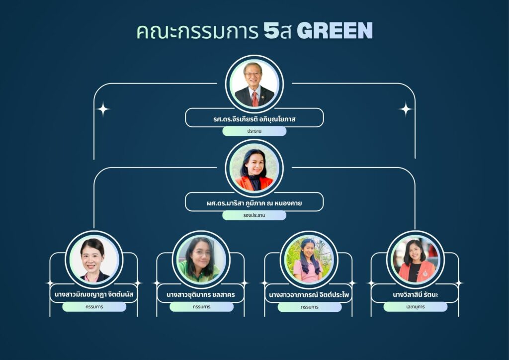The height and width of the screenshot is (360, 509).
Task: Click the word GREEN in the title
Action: tap(335, 31)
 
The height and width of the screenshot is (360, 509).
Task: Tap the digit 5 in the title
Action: tap(271, 31)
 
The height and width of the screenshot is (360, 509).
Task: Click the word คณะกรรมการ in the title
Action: tap(197, 31)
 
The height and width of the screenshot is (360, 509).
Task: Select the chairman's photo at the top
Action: tap(254, 84)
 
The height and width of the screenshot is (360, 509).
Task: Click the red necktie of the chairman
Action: tap(255, 99)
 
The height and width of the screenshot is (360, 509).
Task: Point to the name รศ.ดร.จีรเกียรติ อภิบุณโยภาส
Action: tap(254, 119)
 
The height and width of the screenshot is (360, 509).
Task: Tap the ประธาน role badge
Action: tap(254, 131)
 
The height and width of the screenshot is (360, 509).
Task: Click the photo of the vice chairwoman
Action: tap(254, 168)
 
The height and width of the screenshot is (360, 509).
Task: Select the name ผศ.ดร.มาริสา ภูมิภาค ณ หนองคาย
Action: tap(254, 203)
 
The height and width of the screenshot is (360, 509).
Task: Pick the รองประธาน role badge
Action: tap(254, 215)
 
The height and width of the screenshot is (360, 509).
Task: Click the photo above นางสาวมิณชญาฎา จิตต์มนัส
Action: tap(94, 260)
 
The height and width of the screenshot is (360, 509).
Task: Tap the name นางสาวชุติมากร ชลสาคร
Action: tap(201, 295)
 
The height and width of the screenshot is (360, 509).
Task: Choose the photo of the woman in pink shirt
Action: tap(309, 260)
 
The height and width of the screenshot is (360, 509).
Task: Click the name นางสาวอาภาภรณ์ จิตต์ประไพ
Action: tap(309, 295)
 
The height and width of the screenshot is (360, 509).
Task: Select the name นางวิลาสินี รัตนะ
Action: tap(416, 295)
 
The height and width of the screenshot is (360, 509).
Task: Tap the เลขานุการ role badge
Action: tap(416, 307)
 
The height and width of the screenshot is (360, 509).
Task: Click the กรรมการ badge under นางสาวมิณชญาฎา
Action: tap(94, 307)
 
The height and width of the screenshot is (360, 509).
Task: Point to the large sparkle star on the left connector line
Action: tap(103, 109)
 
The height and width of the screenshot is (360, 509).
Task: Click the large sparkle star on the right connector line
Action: tap(406, 109)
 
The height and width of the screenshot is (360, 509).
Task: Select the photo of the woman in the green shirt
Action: tap(201, 260)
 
